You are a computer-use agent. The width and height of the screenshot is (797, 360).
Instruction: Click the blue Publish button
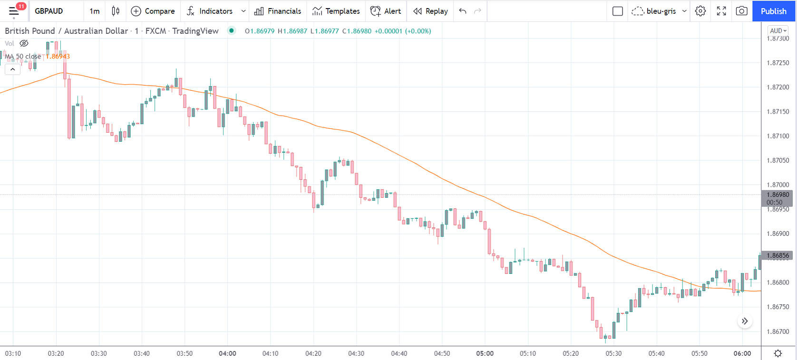(773, 11)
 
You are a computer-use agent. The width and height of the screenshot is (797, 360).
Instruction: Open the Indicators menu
(210, 11)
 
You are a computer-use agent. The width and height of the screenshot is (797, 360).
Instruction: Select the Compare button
(153, 11)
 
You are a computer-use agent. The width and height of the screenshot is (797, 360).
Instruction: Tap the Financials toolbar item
(278, 11)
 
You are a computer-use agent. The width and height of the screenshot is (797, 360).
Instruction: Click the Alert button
(386, 11)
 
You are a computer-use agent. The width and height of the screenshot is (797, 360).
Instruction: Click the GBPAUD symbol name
(49, 11)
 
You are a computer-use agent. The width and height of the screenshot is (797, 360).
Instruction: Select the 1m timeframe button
(95, 11)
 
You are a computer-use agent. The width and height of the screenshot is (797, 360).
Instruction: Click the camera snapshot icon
(741, 11)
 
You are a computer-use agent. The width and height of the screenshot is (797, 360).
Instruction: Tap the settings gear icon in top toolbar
(700, 11)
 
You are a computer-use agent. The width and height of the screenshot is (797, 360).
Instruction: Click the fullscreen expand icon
(721, 11)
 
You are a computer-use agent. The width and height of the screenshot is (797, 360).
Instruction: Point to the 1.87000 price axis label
(778, 185)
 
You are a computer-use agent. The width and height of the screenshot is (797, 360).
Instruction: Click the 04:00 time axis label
(227, 353)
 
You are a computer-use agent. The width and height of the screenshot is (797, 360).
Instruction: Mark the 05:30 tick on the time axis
(613, 353)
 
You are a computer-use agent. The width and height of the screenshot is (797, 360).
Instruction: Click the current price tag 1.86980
(778, 195)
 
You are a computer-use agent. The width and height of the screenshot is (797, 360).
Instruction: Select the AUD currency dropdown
(778, 30)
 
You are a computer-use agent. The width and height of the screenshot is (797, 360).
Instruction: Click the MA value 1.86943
(58, 56)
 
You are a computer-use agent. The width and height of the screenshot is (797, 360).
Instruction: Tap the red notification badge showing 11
(21, 6)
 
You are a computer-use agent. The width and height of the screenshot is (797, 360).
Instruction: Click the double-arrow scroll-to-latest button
(745, 321)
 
